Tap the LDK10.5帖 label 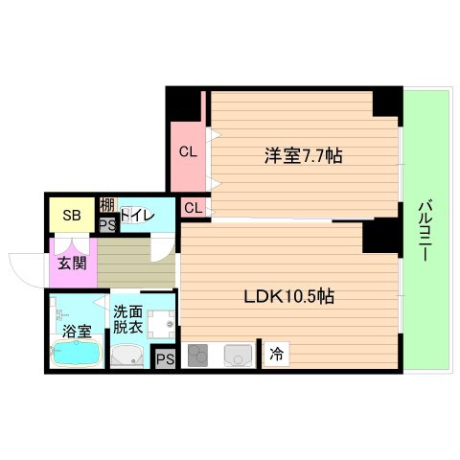287,296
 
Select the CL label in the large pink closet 188,150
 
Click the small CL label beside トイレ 193,207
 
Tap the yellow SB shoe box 71,215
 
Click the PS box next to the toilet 107,224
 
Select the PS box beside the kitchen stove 165,359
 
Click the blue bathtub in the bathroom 74,355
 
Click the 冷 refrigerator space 276,353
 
